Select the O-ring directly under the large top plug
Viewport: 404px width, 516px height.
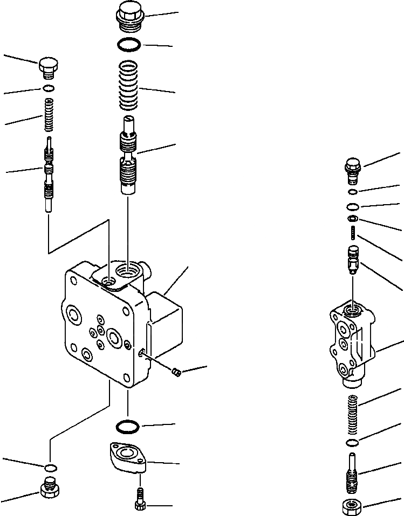(128, 45)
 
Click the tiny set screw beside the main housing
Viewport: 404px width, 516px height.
(175, 371)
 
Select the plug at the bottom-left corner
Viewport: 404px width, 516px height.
(50, 489)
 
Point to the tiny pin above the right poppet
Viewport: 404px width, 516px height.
(353, 233)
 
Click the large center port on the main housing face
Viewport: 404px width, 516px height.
(114, 338)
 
